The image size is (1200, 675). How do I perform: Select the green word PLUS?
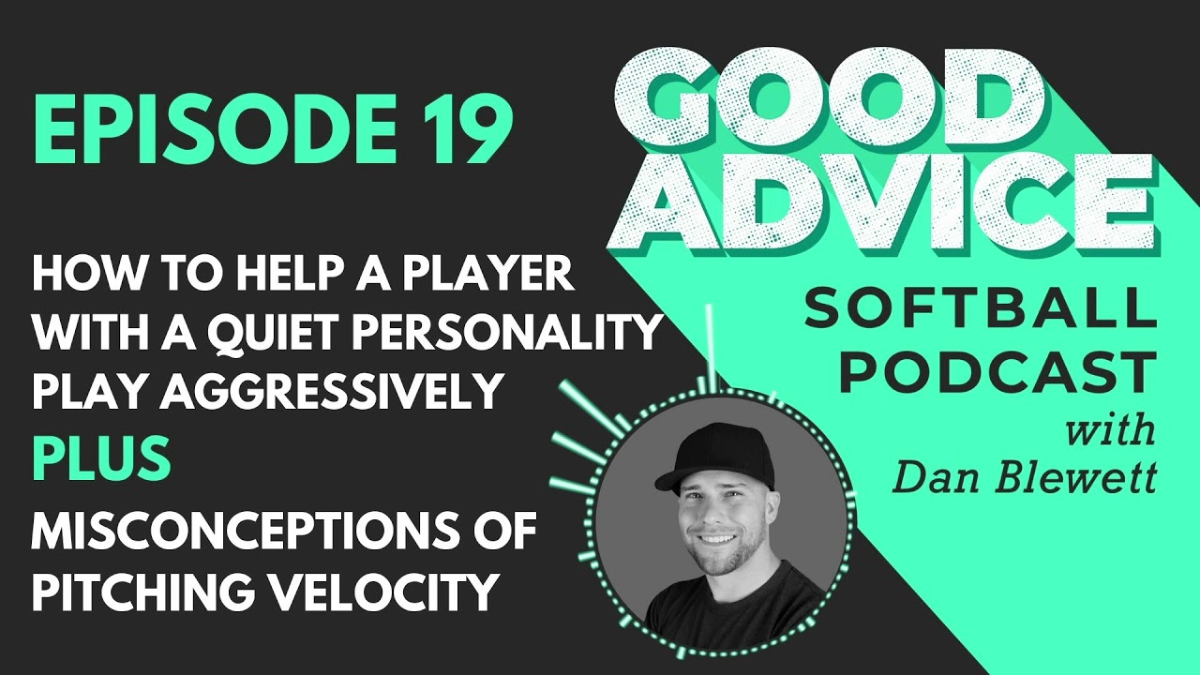[102, 458]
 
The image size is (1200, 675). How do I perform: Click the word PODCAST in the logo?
[997, 373]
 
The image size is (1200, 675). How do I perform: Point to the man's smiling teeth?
[716, 538]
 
